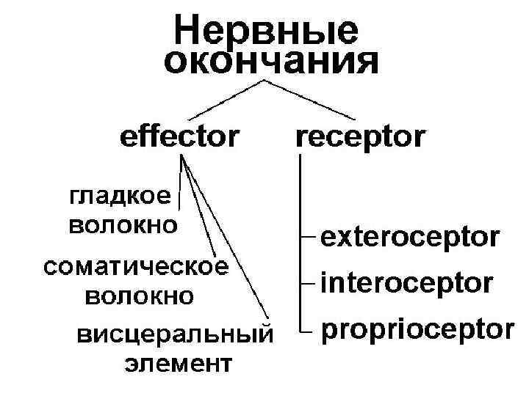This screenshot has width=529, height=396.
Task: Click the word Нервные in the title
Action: [267, 31]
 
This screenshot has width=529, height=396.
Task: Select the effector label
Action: [180, 136]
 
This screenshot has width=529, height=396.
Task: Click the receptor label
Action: [361, 136]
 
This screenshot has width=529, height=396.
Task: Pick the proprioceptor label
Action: [417, 329]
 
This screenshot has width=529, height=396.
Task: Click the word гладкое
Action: [120, 197]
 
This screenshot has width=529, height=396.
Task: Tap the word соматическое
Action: [134, 266]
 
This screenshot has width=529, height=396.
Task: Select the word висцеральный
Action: [174, 335]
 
